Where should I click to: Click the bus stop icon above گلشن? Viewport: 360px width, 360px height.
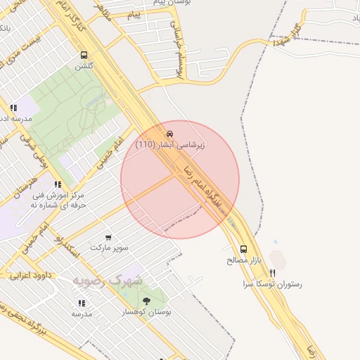pos(84,55)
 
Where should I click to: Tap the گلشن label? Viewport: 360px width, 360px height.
pos(84,67)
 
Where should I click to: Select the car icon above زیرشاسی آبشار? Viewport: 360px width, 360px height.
pos(169,134)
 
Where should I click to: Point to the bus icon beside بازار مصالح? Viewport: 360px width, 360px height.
pos(243,249)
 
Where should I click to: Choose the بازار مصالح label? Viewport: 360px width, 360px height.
pos(243,261)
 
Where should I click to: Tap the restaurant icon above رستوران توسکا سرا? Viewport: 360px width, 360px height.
pos(272,273)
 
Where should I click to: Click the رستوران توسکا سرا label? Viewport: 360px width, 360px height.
pos(272,285)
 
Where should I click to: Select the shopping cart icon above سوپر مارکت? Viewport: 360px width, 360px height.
pos(108,237)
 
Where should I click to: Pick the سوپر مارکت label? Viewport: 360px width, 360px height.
pos(109,248)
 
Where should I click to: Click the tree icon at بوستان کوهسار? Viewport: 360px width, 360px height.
pos(146,302)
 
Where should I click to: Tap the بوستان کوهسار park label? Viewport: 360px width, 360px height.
pos(146,311)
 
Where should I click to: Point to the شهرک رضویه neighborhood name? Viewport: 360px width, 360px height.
pos(107,281)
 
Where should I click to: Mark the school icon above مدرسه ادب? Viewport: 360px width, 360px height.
pos(13,108)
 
